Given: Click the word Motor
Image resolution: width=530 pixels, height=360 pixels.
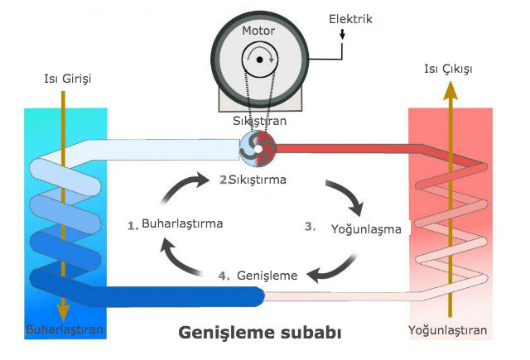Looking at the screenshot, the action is pos(258,31).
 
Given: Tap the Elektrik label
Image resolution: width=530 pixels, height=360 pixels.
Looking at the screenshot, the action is pos(350,19).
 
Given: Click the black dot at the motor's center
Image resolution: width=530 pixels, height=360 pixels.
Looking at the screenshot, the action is pos(259,60).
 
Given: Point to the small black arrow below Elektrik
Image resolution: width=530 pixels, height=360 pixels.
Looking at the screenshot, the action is pos(342,34).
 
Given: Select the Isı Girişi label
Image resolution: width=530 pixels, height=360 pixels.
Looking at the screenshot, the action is pos(68,79).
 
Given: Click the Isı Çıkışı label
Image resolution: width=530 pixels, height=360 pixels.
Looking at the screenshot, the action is pos(448,70).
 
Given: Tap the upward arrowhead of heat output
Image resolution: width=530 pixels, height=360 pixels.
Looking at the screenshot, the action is pos(450,91).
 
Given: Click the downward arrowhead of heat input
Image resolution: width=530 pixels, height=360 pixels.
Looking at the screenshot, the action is pos(63,311).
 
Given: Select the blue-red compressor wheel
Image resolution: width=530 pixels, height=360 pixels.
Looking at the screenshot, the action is pos(258,149).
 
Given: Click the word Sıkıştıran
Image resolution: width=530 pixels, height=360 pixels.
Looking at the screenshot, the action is pos(259,121).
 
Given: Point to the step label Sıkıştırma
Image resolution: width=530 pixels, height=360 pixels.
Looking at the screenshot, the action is pos(258,180).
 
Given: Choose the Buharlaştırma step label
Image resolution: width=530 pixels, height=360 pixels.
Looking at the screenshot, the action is pos(182,223).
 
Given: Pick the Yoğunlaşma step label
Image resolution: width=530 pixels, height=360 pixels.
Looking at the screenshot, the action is pos(366,229).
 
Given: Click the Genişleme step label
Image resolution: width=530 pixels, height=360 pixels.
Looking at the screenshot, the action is pos(267,276).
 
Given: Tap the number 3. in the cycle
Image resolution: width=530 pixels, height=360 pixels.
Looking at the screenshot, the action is pos(311,226).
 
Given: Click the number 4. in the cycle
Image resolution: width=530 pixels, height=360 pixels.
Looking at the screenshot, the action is pos(224,276).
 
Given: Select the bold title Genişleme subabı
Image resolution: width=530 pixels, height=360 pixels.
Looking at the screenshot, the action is pos(259,333).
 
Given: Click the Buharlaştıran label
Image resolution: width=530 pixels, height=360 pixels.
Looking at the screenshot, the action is pos(65,329).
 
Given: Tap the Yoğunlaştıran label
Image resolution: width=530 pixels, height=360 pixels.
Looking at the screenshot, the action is pos(447,330).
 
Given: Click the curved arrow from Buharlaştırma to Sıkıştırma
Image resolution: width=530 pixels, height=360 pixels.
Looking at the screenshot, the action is pos(179,185).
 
